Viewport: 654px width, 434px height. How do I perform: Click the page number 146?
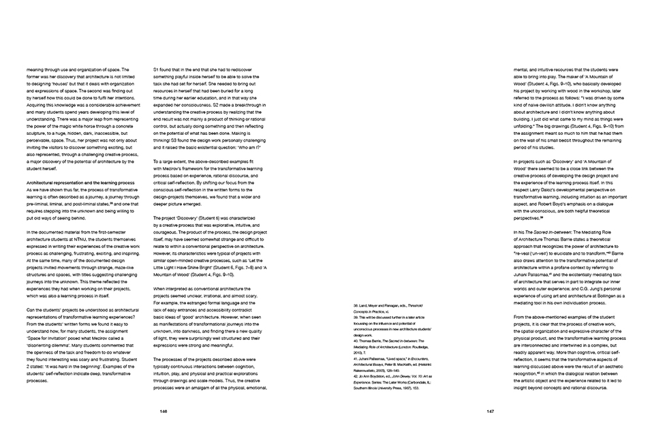pos(163,411)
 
